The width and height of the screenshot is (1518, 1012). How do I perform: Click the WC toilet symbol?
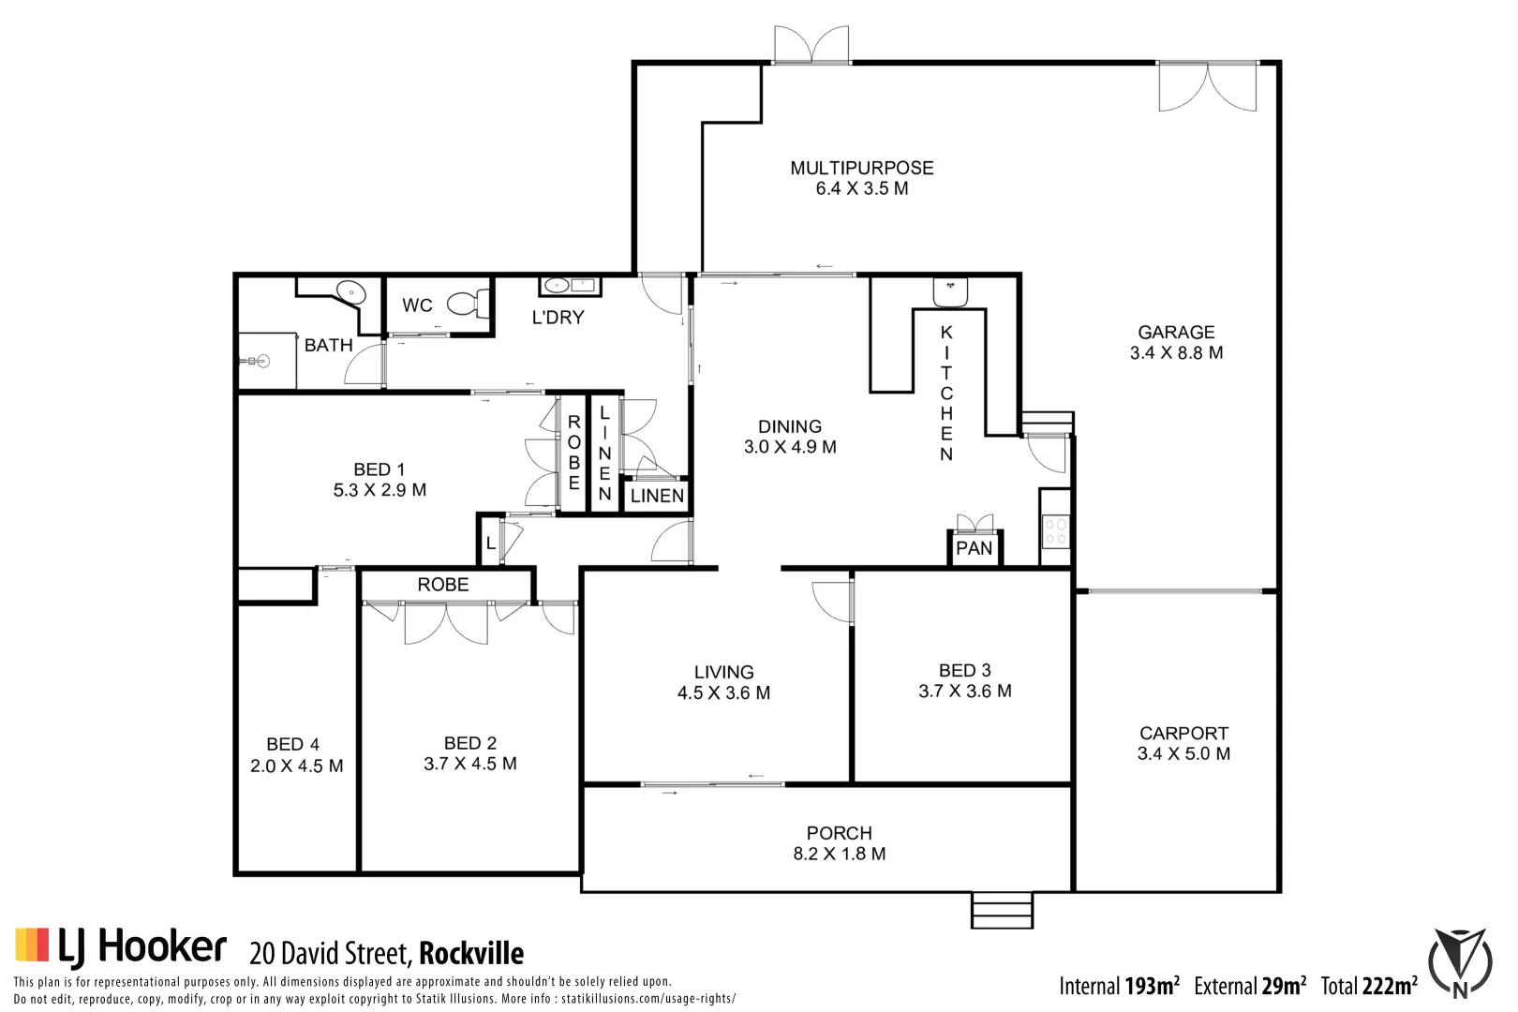pos(466,304)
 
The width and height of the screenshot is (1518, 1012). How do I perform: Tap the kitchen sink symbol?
pos(950,291)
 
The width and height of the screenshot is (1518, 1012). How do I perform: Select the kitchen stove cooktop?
pos(1055,531)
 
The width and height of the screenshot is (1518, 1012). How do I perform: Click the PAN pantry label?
pos(974,548)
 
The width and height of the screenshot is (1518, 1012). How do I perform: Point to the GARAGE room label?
pos(1176,332)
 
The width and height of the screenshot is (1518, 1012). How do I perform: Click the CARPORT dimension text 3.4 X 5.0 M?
pos(1183,754)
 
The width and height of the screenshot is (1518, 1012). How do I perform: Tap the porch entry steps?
pos(1002,910)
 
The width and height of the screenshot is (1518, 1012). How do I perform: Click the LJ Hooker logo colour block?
pos(31,945)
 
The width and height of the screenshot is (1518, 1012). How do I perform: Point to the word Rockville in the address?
pos(471,954)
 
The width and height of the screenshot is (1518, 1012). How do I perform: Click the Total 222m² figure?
pos(1369,986)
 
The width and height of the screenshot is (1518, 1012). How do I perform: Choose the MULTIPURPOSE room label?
pos(862,168)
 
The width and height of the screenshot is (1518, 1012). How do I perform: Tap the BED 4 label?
pos(292,744)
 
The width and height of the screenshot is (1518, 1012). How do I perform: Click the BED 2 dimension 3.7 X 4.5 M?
pos(470,764)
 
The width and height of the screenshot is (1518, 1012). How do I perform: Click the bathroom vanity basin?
pos(351,290)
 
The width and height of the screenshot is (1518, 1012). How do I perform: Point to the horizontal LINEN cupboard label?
pos(657,496)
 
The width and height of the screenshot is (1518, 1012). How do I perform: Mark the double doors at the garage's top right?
pos(1208,86)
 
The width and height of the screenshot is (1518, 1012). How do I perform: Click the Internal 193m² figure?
pos(1119,986)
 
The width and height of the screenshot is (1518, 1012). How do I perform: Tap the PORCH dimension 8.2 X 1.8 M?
pos(840,854)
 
